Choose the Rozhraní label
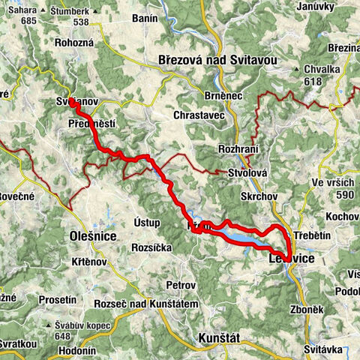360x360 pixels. pyautogui.click(x=238, y=150)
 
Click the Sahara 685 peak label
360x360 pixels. pyautogui.click(x=25, y=15)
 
